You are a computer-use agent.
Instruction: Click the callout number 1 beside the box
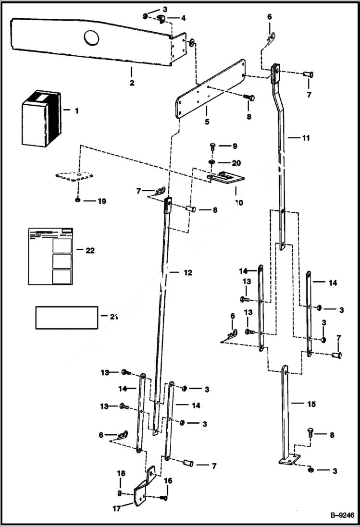[x=76, y=110]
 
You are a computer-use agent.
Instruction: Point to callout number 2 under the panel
[x=131, y=83]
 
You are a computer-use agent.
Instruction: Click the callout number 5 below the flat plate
[x=207, y=122]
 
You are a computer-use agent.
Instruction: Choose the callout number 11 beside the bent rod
[x=306, y=138]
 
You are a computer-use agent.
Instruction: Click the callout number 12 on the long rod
[x=187, y=272]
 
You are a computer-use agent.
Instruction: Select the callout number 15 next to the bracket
[x=311, y=404]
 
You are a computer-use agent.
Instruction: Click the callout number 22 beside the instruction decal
[x=89, y=250]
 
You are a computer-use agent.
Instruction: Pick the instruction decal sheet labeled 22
[x=51, y=256]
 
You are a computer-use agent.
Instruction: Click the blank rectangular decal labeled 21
[x=66, y=318]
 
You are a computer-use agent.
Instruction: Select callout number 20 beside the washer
[x=236, y=163]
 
